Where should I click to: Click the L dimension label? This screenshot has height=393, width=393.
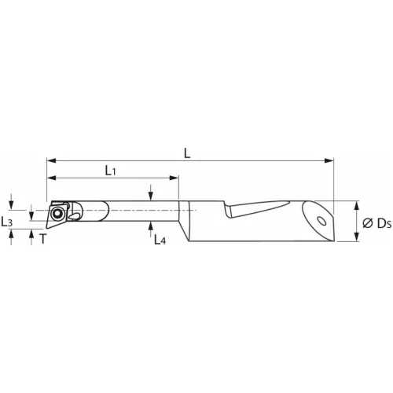[x=187, y=153]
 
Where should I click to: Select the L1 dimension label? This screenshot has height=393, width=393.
[x=110, y=171]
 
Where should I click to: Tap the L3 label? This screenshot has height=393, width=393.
[x=6, y=222]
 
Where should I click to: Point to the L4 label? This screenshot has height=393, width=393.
[x=160, y=240]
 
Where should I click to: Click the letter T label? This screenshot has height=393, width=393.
[x=43, y=239]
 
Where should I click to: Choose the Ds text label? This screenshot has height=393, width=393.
[x=384, y=223]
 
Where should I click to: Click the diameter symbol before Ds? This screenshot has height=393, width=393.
[x=368, y=223]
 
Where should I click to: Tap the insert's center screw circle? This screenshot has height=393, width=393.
[x=57, y=215]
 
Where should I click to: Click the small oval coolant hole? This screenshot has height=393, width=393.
[x=321, y=221]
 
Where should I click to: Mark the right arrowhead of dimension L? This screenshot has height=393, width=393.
[x=329, y=160]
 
